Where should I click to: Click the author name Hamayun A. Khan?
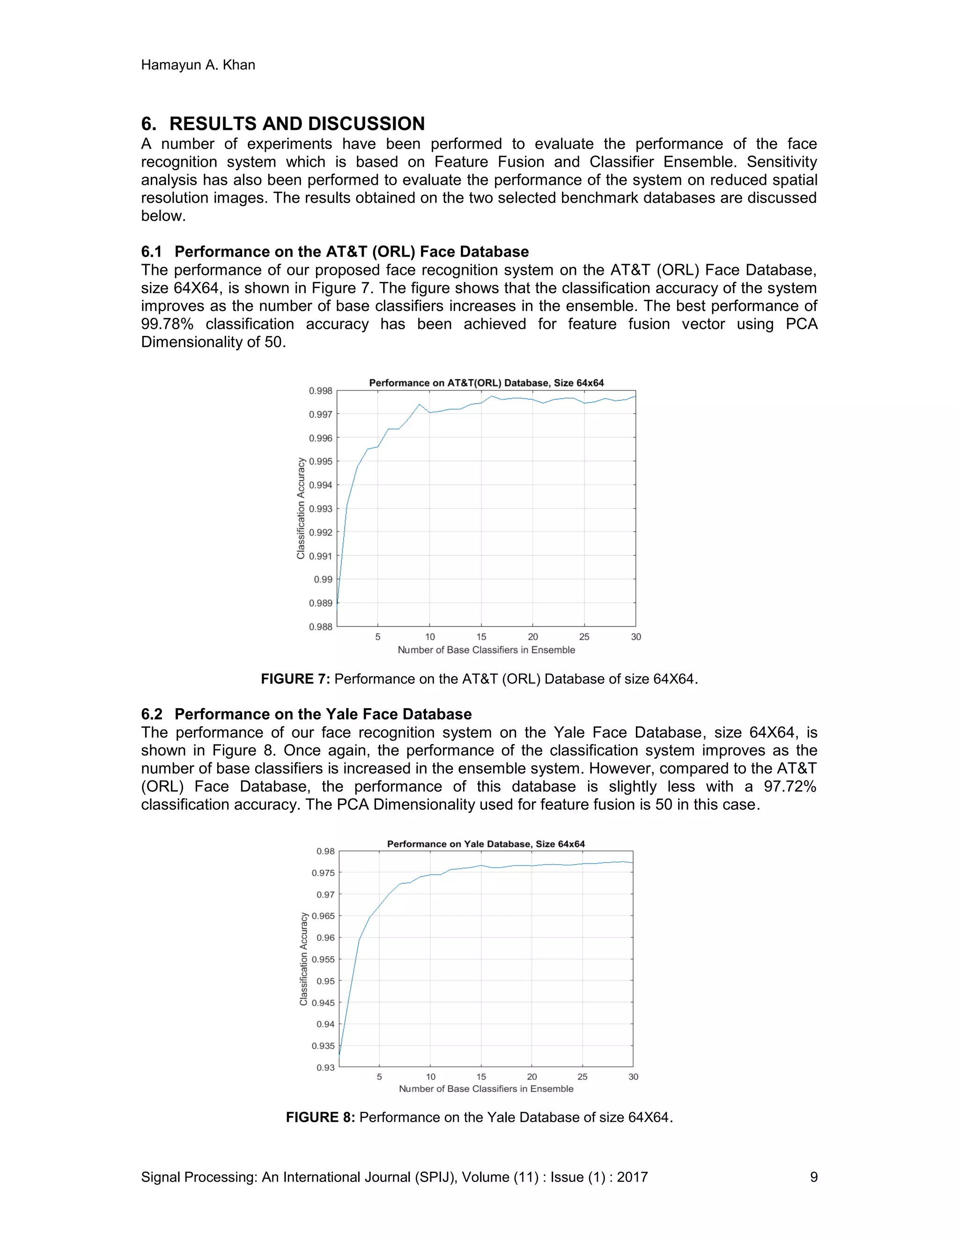click(198, 65)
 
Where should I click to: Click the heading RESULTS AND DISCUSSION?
click(296, 124)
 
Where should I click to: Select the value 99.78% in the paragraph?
click(167, 324)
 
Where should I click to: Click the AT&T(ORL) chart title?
click(487, 383)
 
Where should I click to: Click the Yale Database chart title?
click(486, 844)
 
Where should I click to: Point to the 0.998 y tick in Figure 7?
click(320, 391)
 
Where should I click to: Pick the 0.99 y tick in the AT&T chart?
click(323, 580)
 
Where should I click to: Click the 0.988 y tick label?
click(320, 627)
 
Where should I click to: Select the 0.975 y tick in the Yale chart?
click(323, 873)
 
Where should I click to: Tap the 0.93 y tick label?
click(325, 1068)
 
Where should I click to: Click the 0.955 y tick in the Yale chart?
click(323, 959)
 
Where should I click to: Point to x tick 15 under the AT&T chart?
click(481, 637)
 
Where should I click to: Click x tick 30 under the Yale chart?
click(633, 1077)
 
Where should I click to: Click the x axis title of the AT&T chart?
click(487, 650)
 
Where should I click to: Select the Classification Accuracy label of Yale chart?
click(303, 959)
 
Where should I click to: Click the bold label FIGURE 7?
click(295, 679)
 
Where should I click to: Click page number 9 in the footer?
click(813, 1177)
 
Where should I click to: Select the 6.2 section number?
click(152, 714)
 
